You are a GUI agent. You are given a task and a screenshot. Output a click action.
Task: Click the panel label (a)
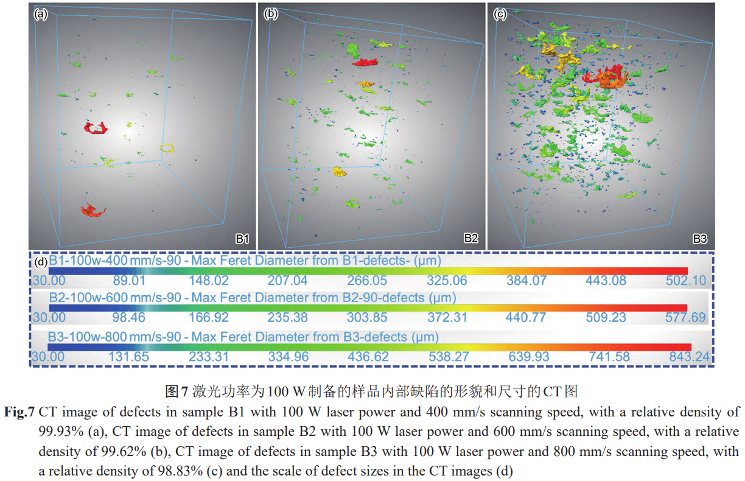tap(40, 14)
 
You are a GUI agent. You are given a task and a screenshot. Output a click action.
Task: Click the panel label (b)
tap(271, 14)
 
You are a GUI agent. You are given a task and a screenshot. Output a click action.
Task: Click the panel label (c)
tap(500, 14)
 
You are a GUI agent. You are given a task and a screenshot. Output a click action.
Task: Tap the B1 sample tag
tap(242, 238)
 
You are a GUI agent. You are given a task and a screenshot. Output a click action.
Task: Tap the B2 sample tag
tap(471, 238)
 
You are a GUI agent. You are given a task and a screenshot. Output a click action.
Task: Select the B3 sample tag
tap(699, 238)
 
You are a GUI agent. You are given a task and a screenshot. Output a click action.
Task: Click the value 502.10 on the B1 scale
tap(687, 281)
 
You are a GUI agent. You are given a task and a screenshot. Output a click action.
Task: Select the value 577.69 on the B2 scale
tap(687, 317)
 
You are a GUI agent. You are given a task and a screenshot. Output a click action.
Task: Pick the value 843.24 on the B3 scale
tap(689, 357)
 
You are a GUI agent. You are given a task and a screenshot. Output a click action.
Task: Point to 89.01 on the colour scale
tap(129, 281)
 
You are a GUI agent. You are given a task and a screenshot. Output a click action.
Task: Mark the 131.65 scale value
tap(129, 357)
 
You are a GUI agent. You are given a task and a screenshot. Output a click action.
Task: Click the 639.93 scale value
tap(530, 357)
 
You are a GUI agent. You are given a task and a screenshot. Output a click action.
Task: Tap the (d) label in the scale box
tap(40, 262)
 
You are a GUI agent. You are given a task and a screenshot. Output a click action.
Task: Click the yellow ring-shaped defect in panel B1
tap(167, 148)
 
